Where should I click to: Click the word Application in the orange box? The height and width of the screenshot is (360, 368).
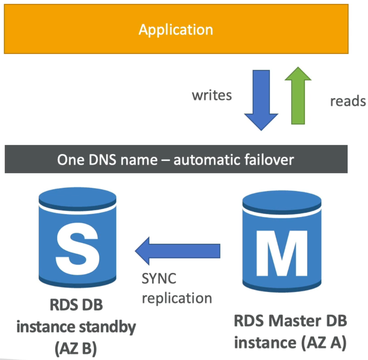[176, 30]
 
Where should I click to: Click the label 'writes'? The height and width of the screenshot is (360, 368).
[212, 95]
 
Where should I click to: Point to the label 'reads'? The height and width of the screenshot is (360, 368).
[348, 101]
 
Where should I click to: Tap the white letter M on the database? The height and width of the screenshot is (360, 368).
[282, 253]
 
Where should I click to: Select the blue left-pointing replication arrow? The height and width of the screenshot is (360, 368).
[178, 251]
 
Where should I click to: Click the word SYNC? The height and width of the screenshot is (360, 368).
[159, 279]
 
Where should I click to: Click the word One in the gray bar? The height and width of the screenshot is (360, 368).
[71, 160]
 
